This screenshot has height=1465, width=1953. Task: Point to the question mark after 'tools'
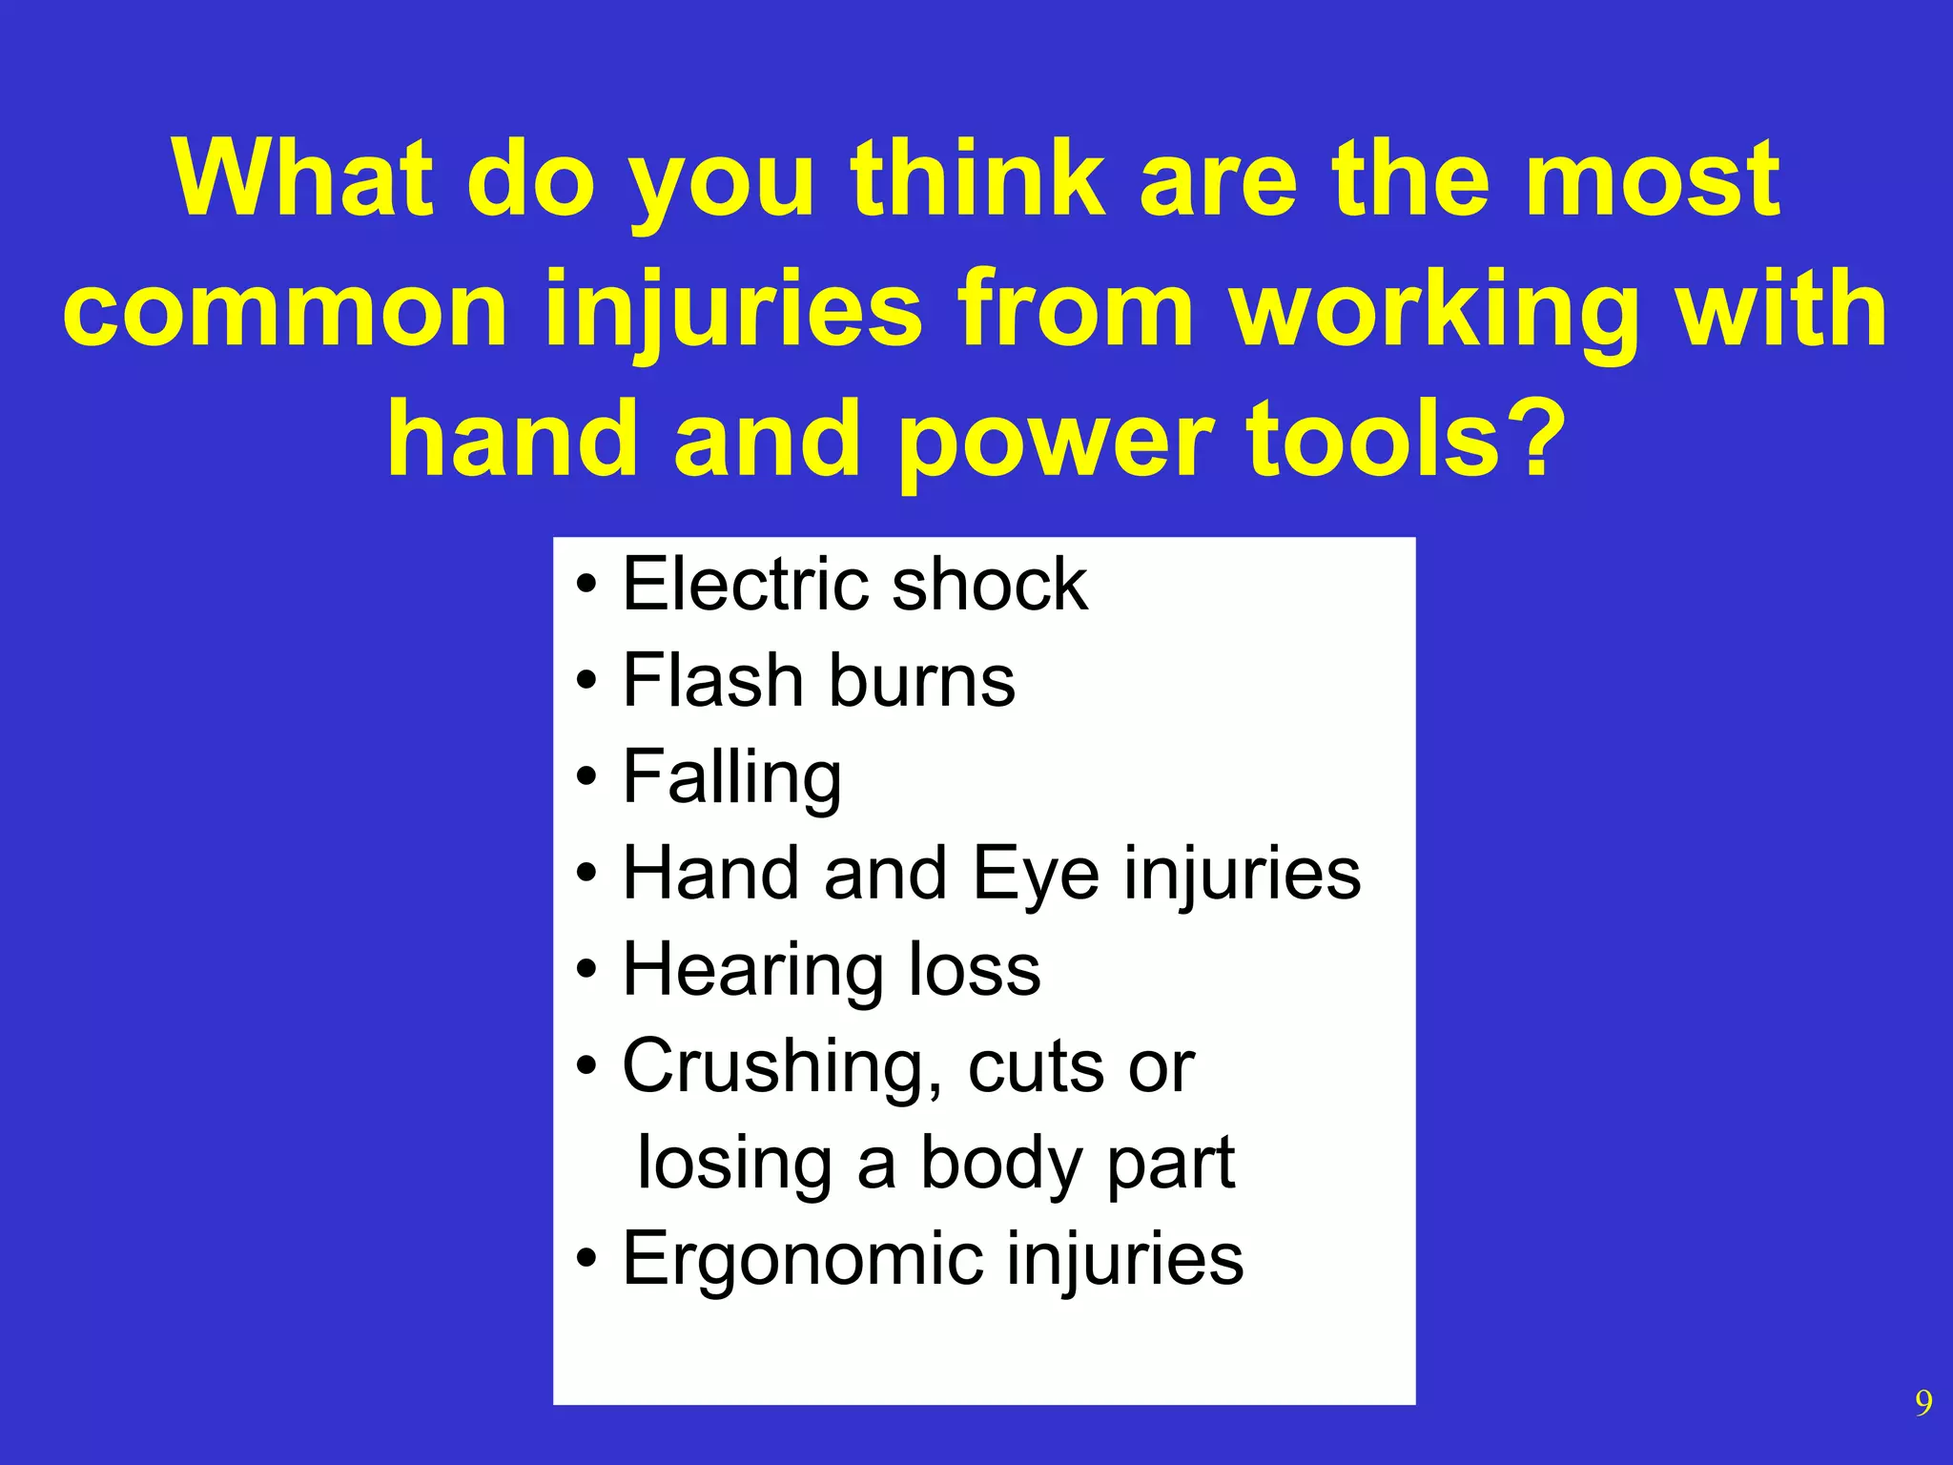click(1537, 439)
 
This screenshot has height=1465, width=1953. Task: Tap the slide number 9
click(1923, 1403)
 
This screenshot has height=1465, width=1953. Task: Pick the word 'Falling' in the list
click(731, 778)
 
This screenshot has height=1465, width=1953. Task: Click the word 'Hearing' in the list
click(752, 971)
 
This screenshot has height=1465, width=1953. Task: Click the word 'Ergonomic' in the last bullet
click(802, 1259)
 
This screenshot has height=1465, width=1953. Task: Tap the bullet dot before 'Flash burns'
click(586, 682)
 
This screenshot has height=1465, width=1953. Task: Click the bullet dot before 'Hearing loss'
click(586, 971)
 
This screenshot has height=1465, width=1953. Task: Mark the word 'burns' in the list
click(921, 680)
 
